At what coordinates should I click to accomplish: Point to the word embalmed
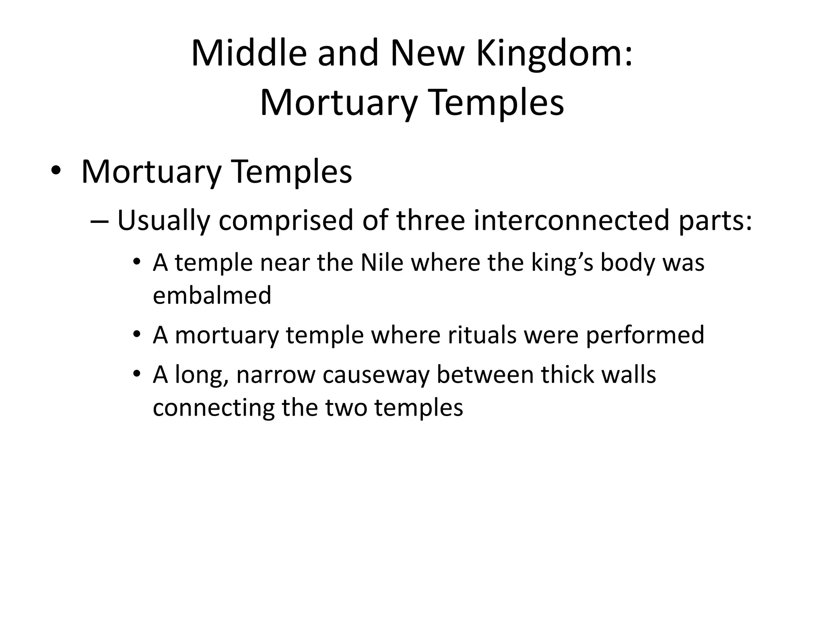coord(212,295)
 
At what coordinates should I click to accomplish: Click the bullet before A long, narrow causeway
coord(137,374)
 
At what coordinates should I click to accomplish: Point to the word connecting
coord(214,408)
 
